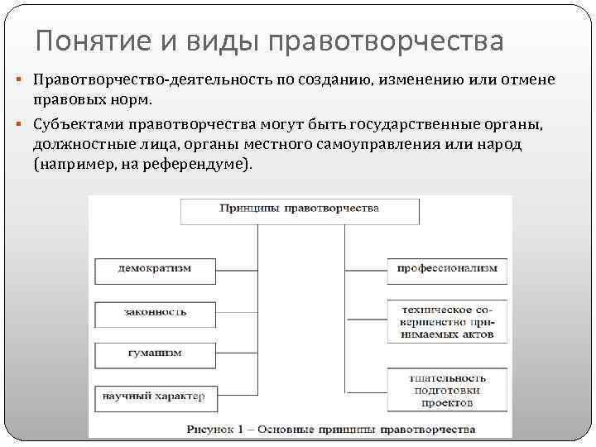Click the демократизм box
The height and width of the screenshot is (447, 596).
(155, 270)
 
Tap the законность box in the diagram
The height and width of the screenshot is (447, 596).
(155, 313)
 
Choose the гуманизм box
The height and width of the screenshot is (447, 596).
(155, 353)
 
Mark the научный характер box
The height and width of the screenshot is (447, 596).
(155, 397)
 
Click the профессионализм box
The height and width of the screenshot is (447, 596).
(446, 270)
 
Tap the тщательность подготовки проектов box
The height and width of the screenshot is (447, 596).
(446, 390)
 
